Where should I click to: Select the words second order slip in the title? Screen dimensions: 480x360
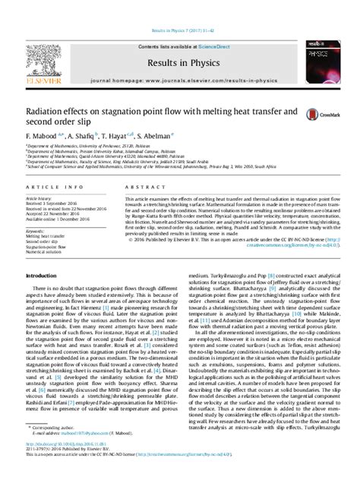58,122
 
